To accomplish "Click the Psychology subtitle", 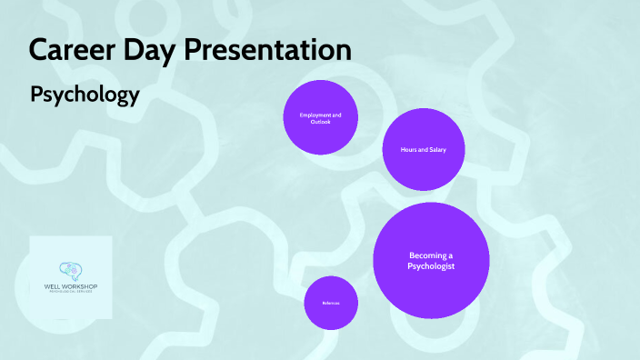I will (x=85, y=95).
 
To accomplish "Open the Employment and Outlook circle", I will (x=321, y=118).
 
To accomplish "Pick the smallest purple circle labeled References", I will (x=330, y=303).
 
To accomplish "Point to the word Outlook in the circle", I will (x=320, y=123).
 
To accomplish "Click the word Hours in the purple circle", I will (x=409, y=149).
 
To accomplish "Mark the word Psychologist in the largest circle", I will (x=431, y=266).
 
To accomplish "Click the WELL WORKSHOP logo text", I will (x=71, y=287).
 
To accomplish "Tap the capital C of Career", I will (x=38, y=50).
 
